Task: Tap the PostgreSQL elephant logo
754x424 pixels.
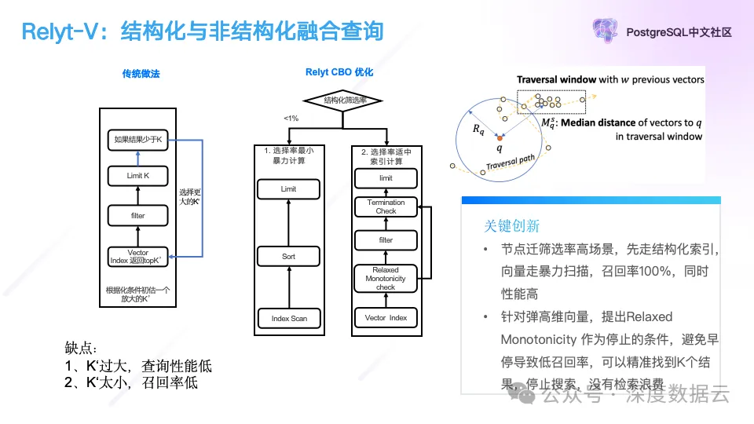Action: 606,32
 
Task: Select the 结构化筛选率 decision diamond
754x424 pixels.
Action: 342,100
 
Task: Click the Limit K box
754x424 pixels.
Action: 137,176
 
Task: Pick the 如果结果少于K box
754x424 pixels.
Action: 137,140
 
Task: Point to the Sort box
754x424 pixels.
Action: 288,257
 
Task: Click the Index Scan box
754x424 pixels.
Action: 288,318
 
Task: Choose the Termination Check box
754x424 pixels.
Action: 386,207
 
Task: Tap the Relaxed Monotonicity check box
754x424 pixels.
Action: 386,278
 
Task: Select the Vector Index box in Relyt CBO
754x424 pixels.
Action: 386,318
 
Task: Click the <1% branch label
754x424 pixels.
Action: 291,119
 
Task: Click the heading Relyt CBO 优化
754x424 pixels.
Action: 339,72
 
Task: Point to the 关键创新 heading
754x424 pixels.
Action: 511,226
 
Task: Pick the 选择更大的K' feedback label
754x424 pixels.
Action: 190,197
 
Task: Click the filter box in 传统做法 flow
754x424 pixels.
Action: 137,215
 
